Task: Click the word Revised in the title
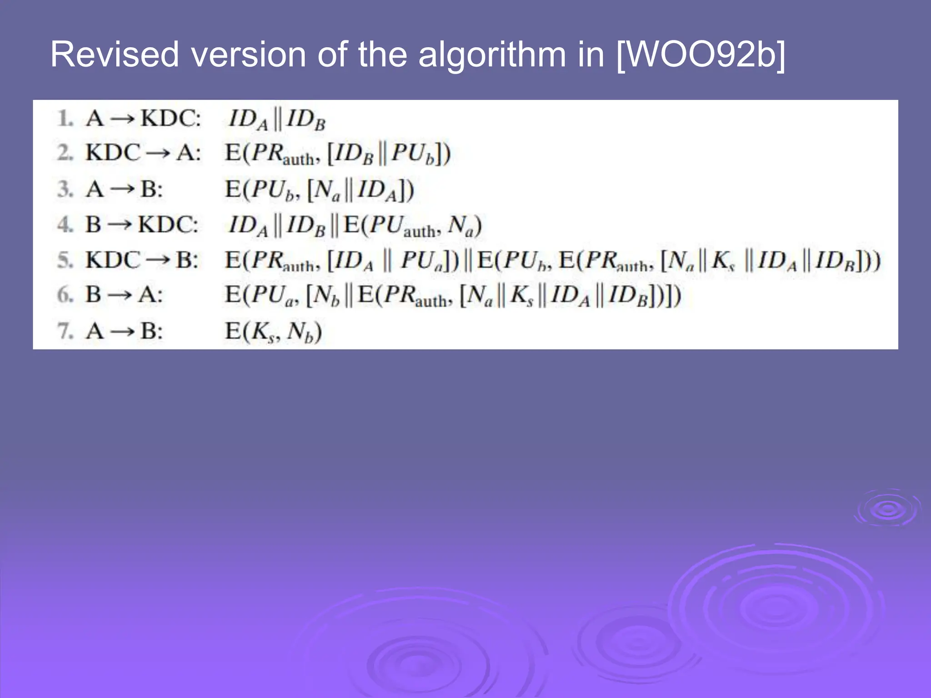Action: pos(115,55)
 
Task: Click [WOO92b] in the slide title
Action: pos(701,55)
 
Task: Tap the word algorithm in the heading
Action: pos(492,55)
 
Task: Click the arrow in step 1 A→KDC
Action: pos(123,119)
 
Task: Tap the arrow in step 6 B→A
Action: pos(120,295)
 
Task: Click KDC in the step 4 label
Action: pos(168,224)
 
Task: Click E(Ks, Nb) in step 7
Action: pos(273,332)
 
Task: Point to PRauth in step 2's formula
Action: pos(282,155)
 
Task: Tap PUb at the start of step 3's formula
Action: pos(272,190)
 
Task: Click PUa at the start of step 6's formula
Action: pos(273,296)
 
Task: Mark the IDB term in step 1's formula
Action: pos(305,120)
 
